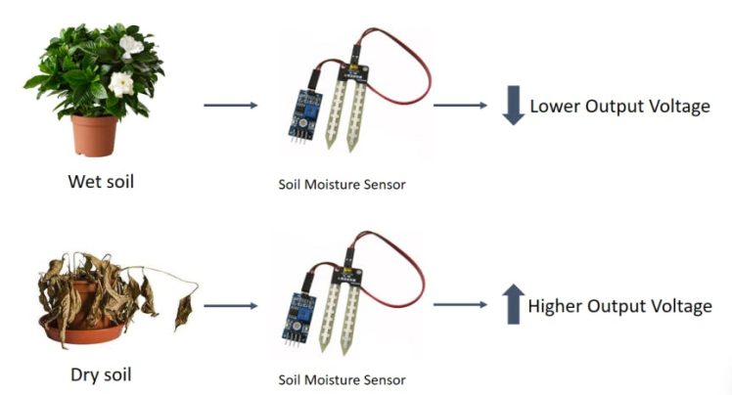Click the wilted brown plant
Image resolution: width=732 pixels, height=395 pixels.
coord(103,298)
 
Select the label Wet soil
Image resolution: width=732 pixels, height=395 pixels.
coord(101,182)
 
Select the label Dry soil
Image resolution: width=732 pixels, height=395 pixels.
coord(100,373)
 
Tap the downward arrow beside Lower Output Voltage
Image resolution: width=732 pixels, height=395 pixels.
coord(514,106)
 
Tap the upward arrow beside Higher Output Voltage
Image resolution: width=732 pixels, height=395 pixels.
coord(514,306)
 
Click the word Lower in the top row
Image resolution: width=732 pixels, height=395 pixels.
coord(556,107)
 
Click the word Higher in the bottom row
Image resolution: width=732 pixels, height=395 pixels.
coord(556,307)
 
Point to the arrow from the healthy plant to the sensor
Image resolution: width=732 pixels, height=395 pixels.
coord(230,106)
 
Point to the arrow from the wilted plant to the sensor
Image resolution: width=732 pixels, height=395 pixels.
coord(230,306)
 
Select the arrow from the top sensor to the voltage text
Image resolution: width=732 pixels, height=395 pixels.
coord(460,105)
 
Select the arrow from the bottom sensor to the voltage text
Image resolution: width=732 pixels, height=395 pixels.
coord(460,304)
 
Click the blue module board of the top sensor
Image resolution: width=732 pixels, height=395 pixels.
coord(298,110)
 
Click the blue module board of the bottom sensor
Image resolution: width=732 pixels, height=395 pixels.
coord(298,311)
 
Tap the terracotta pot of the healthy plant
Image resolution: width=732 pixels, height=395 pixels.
coord(94,134)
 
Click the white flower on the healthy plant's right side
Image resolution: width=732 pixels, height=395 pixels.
coord(121,84)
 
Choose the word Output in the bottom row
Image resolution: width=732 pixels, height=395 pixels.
coord(618,307)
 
